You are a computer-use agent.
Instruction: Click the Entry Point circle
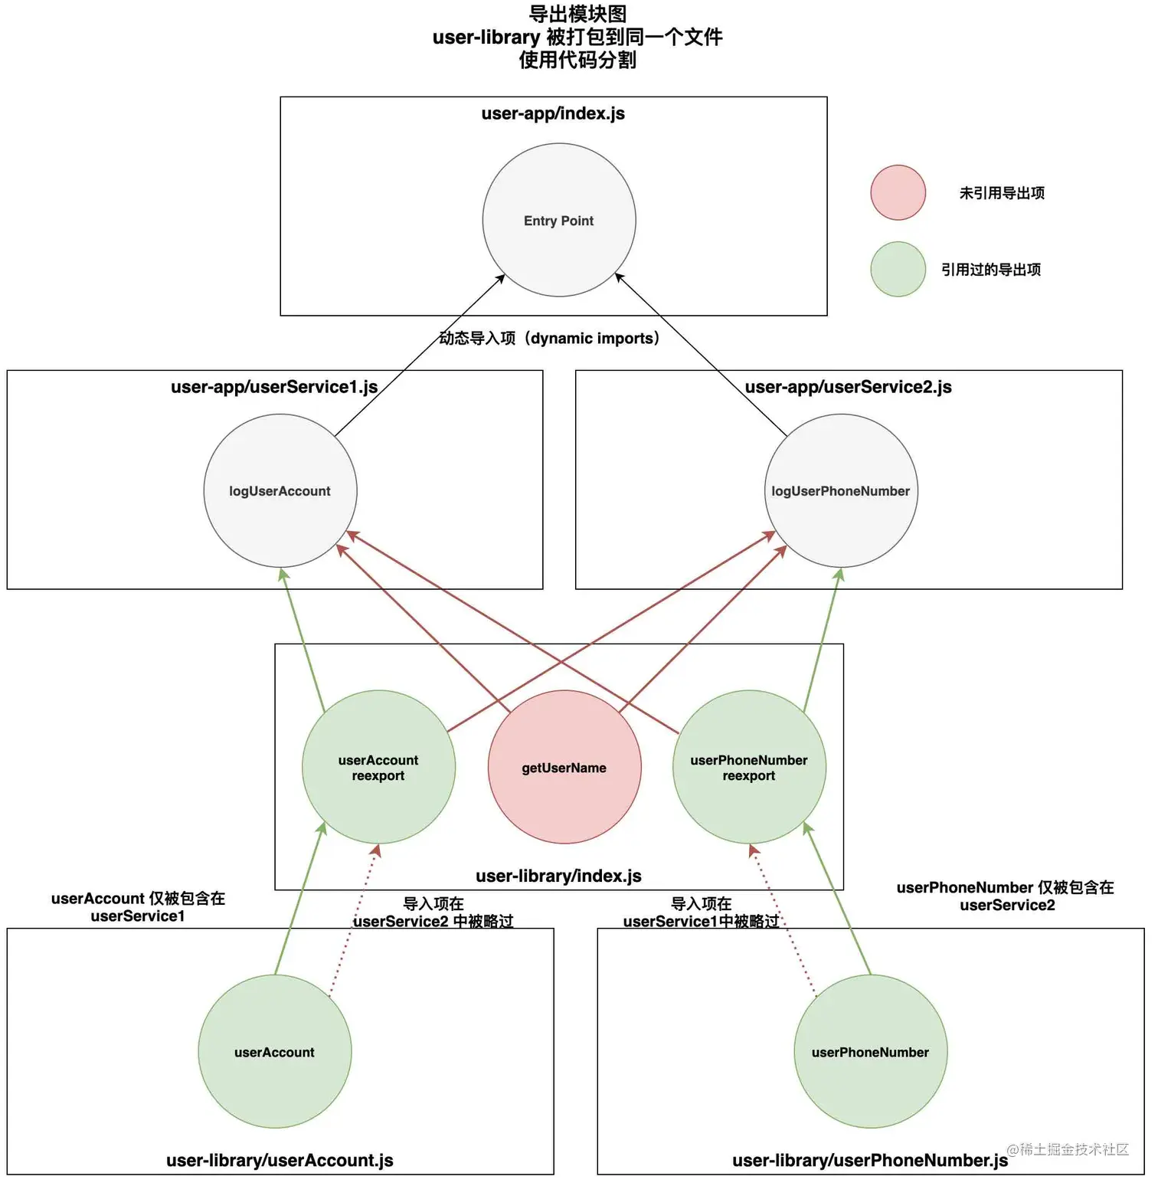click(559, 221)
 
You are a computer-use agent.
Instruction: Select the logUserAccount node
click(280, 491)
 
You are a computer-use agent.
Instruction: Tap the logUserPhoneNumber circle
click(841, 491)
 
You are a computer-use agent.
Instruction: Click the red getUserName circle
click(564, 768)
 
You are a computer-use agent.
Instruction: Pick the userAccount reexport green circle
click(378, 768)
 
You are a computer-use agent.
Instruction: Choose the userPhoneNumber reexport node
click(749, 768)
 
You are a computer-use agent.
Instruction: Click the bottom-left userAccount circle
click(275, 1052)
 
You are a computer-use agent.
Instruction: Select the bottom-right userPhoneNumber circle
click(871, 1052)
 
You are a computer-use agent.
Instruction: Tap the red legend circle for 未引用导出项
click(898, 193)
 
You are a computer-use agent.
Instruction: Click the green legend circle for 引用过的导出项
click(898, 270)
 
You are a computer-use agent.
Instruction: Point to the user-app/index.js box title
click(553, 114)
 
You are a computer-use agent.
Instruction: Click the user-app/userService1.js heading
click(274, 387)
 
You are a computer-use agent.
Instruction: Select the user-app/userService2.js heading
click(848, 387)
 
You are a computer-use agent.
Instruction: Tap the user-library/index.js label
click(558, 876)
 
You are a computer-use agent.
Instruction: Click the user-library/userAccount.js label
click(280, 1161)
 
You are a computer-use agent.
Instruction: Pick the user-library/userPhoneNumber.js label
click(869, 1161)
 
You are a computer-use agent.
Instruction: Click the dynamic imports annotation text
click(549, 339)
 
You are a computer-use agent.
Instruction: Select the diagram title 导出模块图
click(577, 15)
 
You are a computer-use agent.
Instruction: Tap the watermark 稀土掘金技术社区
click(1068, 1149)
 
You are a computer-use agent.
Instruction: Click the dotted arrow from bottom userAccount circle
click(353, 920)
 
